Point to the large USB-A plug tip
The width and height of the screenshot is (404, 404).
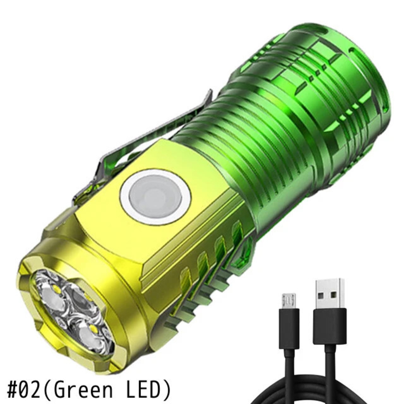pyautogui.click(x=332, y=293)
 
